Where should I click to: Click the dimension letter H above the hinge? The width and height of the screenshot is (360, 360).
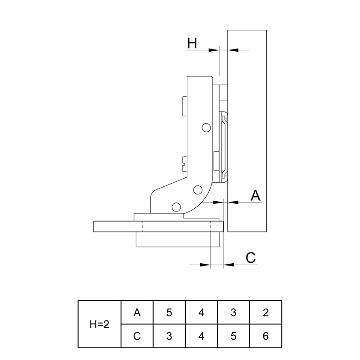[x=192, y=43]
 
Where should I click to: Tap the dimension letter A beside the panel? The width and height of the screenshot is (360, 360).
[x=256, y=196]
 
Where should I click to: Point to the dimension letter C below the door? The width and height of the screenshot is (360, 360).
[x=251, y=257]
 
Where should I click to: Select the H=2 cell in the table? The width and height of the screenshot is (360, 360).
[x=99, y=324]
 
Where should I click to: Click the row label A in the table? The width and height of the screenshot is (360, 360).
[x=137, y=312]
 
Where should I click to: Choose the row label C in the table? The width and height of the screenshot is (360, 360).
[x=137, y=336]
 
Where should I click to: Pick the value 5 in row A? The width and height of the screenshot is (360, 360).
[x=169, y=312]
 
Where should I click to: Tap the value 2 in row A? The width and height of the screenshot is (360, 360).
[x=265, y=312]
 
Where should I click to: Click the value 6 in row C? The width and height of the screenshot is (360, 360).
[x=265, y=336]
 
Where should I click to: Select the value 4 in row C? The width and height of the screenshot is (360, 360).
[x=201, y=336]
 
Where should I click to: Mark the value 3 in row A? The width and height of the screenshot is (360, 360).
[x=234, y=312]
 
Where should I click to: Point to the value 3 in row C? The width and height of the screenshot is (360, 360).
[x=169, y=336]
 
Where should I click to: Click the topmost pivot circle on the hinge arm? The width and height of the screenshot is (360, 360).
[x=207, y=127]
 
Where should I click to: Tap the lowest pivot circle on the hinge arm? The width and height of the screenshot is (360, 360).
[x=176, y=207]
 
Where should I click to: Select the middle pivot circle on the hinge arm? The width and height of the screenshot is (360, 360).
[x=198, y=190]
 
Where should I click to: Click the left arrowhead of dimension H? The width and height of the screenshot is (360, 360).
[x=213, y=50]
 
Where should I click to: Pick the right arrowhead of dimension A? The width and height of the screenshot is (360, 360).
[x=233, y=202]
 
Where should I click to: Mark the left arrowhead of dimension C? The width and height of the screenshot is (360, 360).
[x=205, y=265]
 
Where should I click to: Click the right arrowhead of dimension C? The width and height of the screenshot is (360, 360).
[x=229, y=265]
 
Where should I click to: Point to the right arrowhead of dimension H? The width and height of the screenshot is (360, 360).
[x=233, y=50]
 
